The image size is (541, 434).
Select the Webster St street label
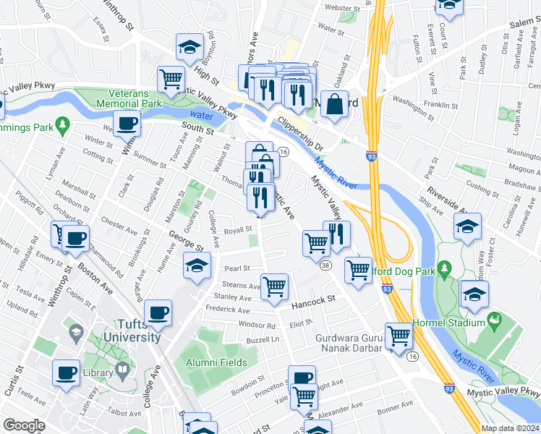pos(343,7)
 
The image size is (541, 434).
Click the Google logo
pos(24,425)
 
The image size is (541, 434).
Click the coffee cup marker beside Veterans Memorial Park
pos(127,124)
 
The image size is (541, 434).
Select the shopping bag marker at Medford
pos(336,103)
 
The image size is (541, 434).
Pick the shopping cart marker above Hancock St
pos(275,286)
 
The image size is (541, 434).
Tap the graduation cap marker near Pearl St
pos(197,265)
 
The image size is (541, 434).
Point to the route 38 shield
pos(326,266)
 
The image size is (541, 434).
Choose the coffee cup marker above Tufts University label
pos(158,313)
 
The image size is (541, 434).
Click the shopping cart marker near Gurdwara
pos(399,336)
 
